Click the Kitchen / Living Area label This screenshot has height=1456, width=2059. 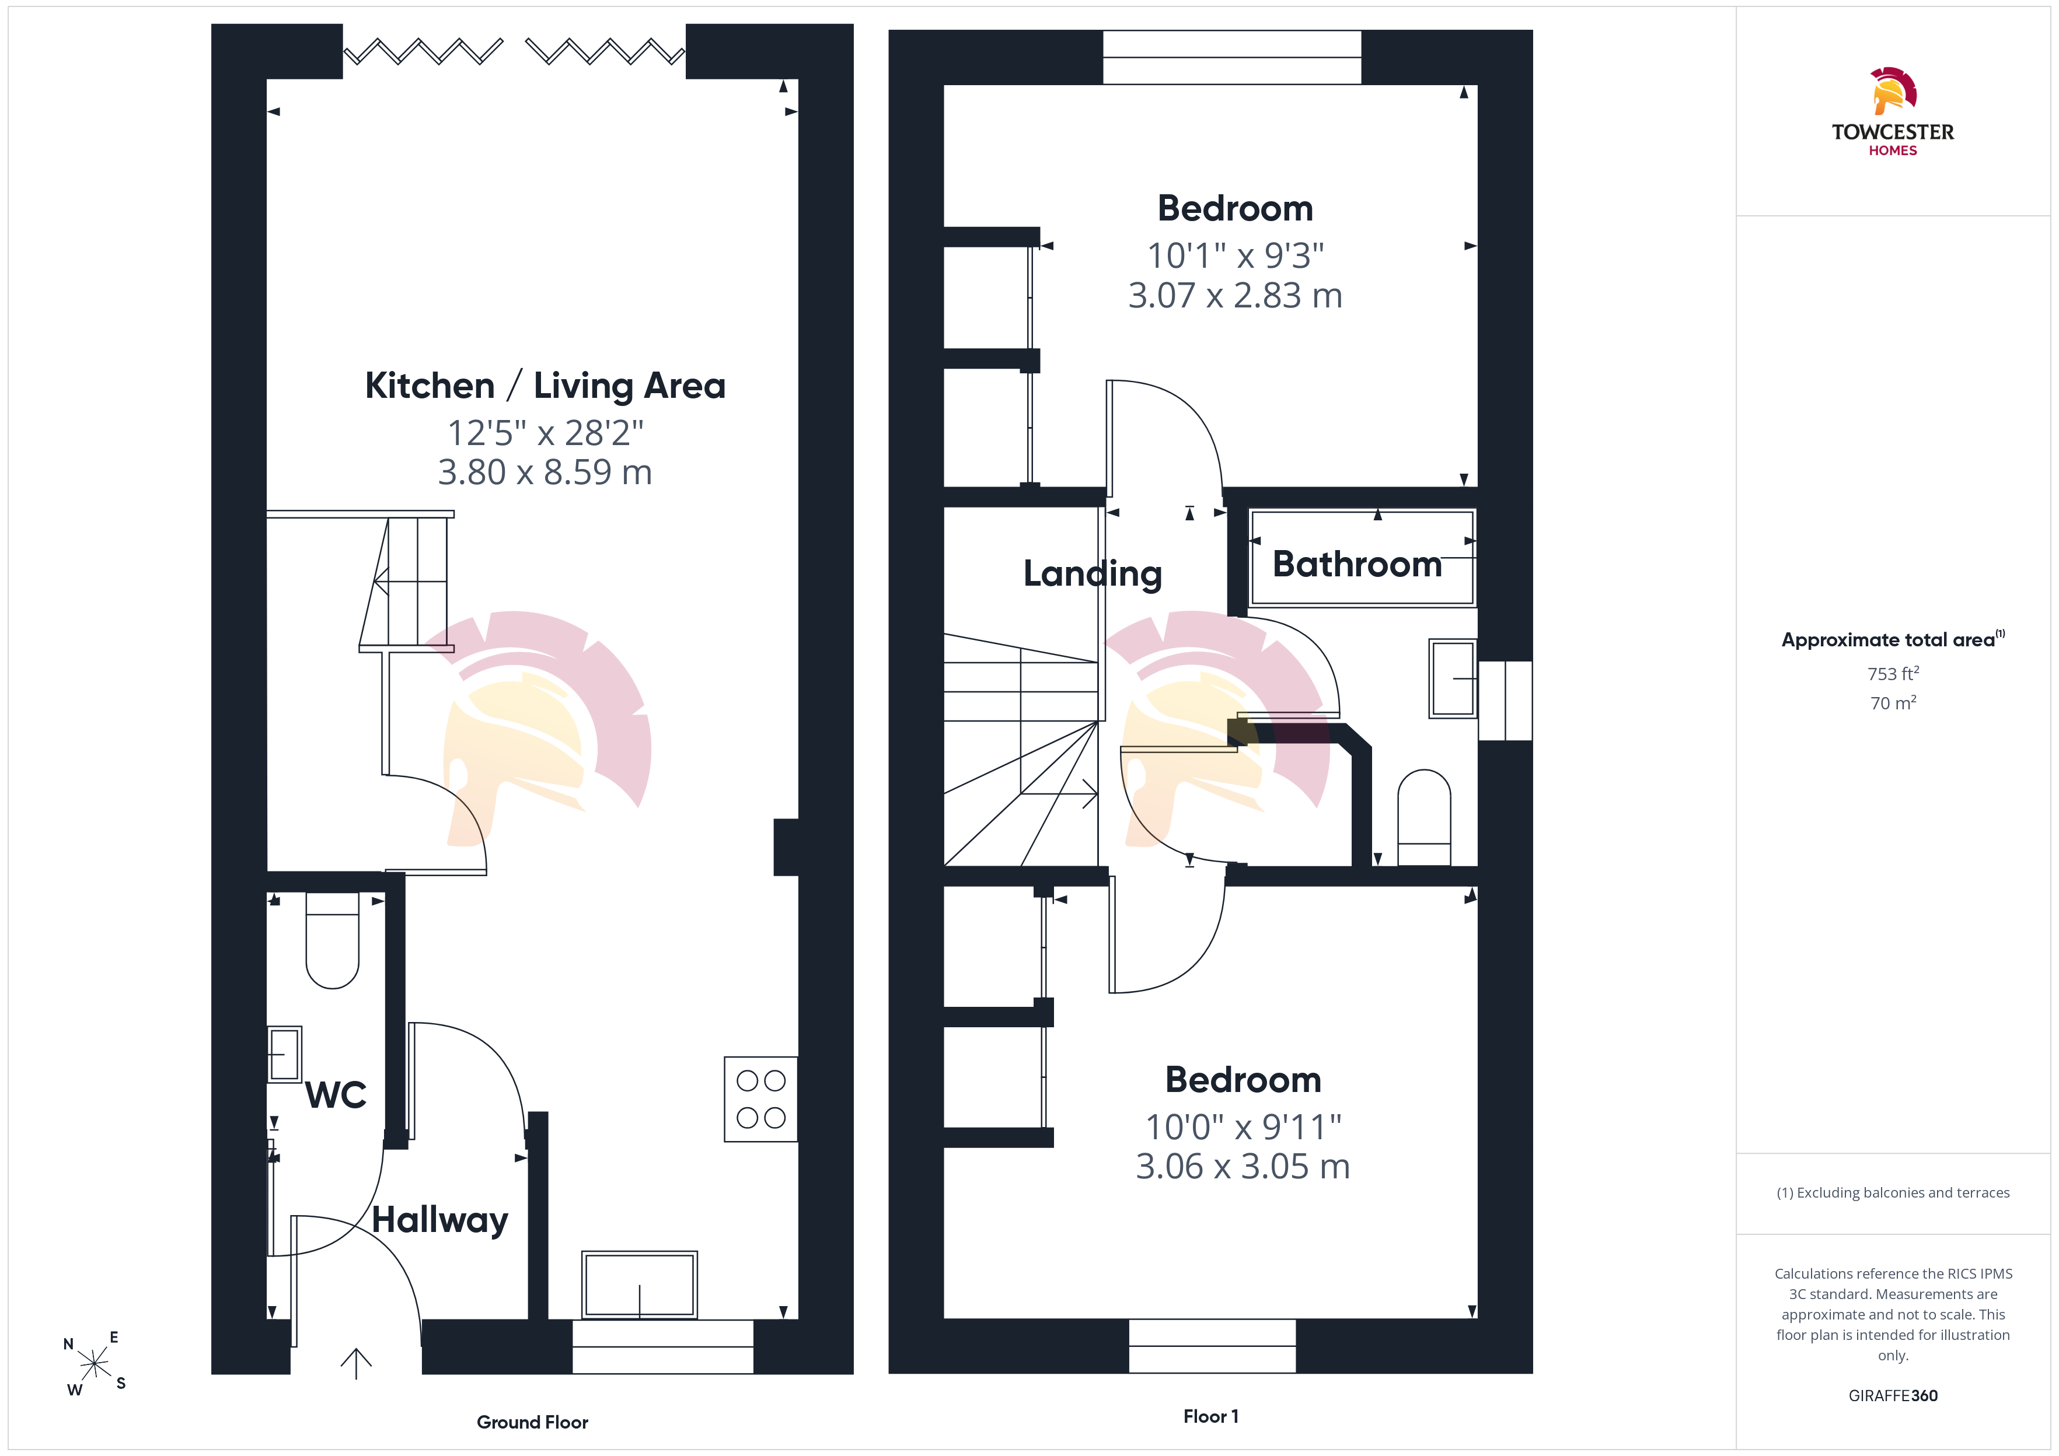pos(545,386)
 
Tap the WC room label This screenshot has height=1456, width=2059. pos(336,1095)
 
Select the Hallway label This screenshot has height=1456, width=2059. pos(440,1220)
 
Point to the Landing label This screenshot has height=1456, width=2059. pos(1093,574)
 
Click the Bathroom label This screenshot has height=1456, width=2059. pos(1357,564)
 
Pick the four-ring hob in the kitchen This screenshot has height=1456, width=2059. pos(760,1099)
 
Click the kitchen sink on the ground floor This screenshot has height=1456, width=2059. pos(640,1284)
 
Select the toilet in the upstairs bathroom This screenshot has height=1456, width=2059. pos(1424,818)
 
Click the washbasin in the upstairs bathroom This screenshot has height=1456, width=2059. pos(1453,678)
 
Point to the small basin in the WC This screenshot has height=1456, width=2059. pos(284,1054)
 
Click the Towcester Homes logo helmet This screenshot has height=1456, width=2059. pos(1893,90)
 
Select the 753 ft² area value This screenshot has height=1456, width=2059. pos(1893,673)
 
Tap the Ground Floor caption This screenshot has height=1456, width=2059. pos(533,1422)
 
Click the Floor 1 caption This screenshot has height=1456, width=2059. pos(1210,1416)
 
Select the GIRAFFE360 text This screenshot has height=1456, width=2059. pos(1893,1396)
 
